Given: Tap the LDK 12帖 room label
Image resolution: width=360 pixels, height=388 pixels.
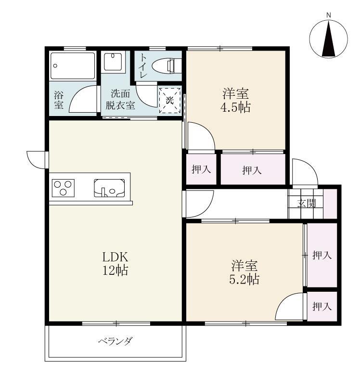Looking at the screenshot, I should coord(115,263).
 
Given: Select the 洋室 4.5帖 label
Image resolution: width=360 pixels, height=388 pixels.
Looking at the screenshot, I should coord(236,100).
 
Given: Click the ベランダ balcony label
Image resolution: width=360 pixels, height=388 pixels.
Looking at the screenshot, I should coord(115,342).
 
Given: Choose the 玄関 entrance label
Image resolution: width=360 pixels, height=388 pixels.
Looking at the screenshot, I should coord(306,203).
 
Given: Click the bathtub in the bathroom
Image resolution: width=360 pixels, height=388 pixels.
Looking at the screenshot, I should coord(74,66).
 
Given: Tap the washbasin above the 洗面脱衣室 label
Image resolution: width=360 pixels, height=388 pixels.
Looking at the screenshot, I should coord(115,62).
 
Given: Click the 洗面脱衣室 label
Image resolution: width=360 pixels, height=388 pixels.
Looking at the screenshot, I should coord(120,100).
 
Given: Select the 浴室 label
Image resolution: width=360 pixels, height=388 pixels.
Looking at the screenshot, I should coord(58,100).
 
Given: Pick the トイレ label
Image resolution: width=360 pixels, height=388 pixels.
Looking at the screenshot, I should coord(143,63).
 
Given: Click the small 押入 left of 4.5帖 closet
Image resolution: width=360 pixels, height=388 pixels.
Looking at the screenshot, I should coord(201,169).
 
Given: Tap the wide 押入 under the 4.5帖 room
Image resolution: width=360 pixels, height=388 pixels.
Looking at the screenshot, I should coord(252,169).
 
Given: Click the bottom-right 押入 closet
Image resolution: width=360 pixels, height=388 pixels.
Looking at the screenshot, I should coord(322,306).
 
